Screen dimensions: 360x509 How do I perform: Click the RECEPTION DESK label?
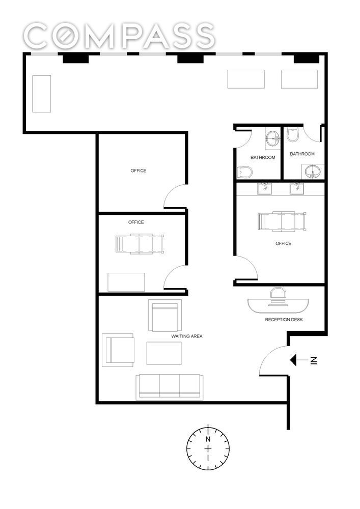tap(284, 320)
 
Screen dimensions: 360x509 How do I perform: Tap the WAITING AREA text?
tap(187, 336)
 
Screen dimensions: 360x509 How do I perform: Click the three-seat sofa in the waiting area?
tap(170, 387)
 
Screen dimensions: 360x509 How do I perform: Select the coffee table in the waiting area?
tap(164, 353)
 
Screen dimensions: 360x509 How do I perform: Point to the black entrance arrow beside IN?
tap(293, 360)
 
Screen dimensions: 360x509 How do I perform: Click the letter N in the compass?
tap(208, 439)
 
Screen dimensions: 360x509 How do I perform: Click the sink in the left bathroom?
tap(272, 139)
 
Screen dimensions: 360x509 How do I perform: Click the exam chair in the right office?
tap(282, 222)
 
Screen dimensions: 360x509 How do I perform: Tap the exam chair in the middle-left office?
tap(140, 244)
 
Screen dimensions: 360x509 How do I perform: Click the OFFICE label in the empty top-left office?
tap(139, 171)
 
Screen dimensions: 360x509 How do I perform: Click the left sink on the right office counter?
tap(265, 188)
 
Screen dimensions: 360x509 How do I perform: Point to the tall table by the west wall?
tap(42, 94)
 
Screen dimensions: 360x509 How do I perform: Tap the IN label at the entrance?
tap(313, 360)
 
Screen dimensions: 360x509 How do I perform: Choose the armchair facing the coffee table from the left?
tap(118, 350)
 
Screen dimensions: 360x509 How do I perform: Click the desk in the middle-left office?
tap(126, 282)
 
